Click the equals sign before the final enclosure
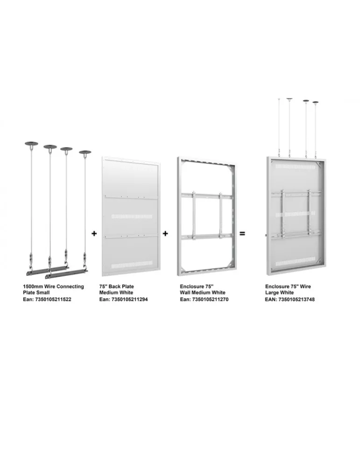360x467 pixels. click(x=242, y=234)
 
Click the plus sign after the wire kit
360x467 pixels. click(x=94, y=233)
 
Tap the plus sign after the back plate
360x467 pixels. click(x=166, y=233)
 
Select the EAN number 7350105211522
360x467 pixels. click(x=53, y=299)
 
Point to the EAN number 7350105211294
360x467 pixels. click(x=129, y=299)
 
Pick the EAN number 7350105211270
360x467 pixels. click(x=210, y=299)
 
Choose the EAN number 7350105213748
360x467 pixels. click(x=296, y=299)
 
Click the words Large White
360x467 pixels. click(x=279, y=293)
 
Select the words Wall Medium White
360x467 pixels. click(x=203, y=293)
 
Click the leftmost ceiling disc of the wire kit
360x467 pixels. click(x=32, y=144)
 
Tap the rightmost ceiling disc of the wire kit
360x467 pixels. click(x=85, y=153)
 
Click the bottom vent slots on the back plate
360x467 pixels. click(x=132, y=264)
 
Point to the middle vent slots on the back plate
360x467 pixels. click(x=132, y=217)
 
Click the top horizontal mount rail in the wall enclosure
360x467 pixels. click(x=207, y=195)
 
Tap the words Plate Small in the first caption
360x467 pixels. click(x=36, y=293)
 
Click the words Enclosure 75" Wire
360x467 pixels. click(x=288, y=287)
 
